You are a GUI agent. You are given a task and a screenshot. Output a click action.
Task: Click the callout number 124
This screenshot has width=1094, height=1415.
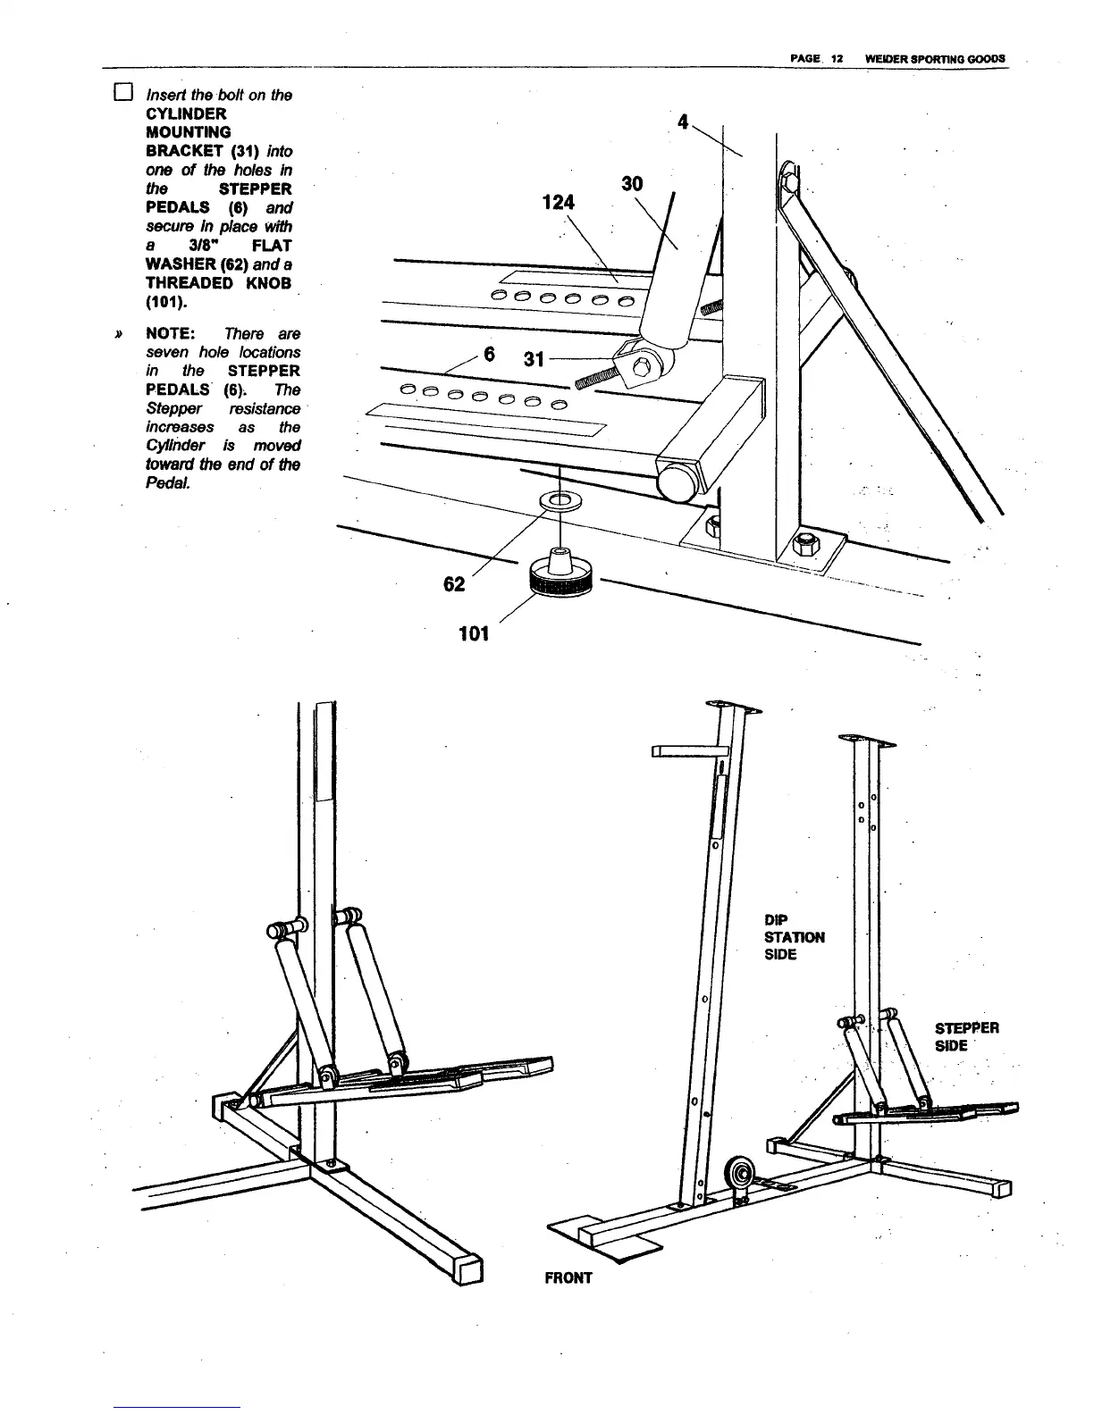pos(559,203)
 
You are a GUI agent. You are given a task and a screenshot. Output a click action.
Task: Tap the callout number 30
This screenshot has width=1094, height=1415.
pos(632,183)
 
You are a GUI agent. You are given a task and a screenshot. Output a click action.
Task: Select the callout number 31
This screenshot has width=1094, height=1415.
pos(534,359)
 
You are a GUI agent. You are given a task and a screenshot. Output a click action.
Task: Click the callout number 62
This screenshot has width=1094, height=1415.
pos(454,584)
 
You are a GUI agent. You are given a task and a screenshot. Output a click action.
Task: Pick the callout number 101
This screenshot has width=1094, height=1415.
pos(473,633)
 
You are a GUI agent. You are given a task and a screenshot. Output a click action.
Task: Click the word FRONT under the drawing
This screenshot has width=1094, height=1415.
pos(568,1277)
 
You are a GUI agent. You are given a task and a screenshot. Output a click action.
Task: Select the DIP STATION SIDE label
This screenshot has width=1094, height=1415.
pos(794,936)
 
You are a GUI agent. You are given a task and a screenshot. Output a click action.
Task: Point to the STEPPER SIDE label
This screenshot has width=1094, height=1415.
pos(966,1036)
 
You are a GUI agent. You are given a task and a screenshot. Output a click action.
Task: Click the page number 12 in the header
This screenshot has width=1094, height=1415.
pos(837,58)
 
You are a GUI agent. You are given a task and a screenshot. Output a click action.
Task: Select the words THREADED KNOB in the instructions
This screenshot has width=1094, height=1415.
pos(218,283)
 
